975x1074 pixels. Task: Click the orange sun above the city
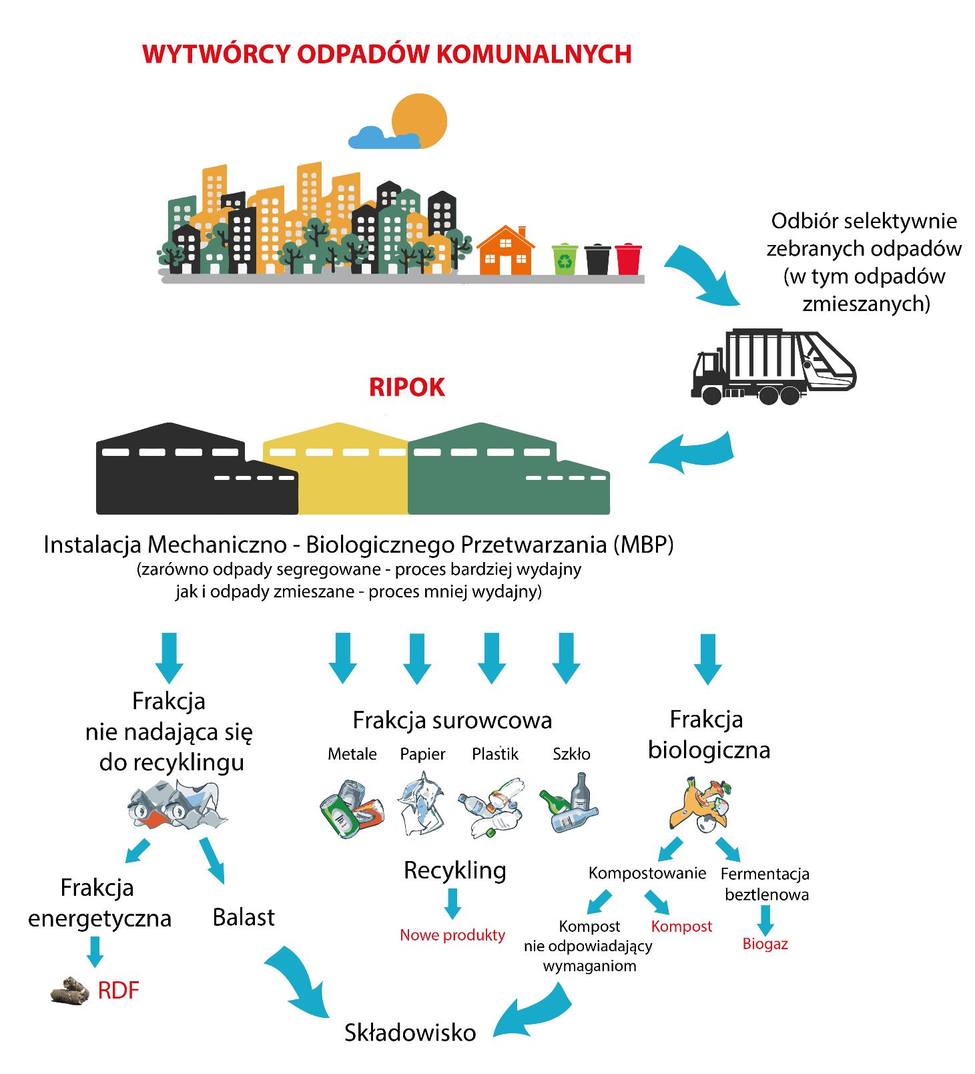[419, 121]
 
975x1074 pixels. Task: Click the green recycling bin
[565, 259]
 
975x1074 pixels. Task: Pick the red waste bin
[628, 259]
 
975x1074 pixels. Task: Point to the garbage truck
[773, 366]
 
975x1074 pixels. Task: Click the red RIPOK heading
[406, 388]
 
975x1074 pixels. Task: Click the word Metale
[352, 754]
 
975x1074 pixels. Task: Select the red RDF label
[118, 991]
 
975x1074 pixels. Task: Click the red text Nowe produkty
[452, 935]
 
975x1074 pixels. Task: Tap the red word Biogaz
[765, 944]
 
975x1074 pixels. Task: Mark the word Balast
[244, 917]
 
